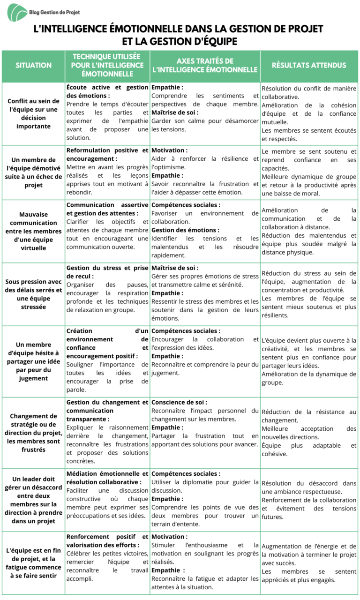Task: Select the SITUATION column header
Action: click(34, 66)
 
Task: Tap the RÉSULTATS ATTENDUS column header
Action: click(309, 66)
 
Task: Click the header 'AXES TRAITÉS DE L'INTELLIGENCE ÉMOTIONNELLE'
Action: click(205, 66)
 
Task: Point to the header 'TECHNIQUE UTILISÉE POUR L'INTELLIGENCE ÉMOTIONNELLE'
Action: click(107, 65)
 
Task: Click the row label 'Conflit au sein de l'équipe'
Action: click(34, 113)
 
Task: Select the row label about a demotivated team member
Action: click(34, 172)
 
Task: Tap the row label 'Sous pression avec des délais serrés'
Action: click(34, 294)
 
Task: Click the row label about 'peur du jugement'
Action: click(34, 361)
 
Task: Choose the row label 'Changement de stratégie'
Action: click(34, 433)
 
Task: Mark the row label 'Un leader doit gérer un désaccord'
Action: click(34, 500)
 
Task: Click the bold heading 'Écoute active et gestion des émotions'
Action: click(107, 91)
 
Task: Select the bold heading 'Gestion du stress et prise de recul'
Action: click(107, 272)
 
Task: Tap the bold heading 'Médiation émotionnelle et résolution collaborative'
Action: click(107, 478)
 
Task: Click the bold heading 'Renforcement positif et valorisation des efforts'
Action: click(107, 540)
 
